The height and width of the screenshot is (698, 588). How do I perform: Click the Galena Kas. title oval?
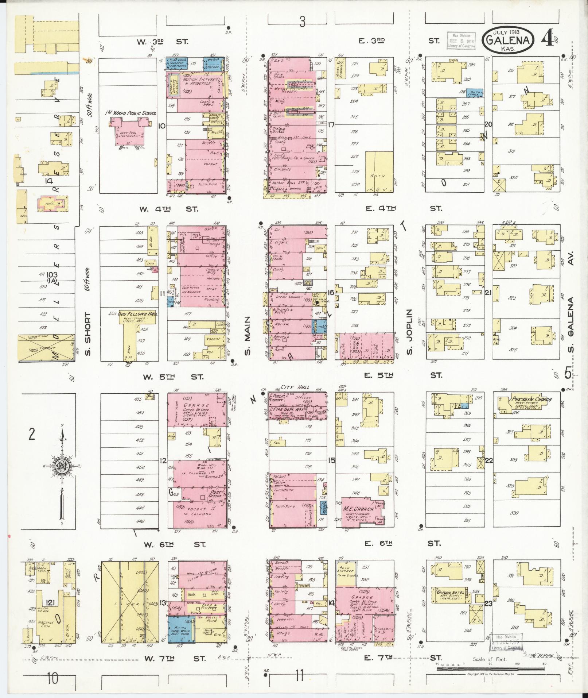click(x=509, y=40)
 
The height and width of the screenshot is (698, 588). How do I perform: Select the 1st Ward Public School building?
click(x=129, y=132)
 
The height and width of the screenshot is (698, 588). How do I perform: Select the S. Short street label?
click(x=87, y=333)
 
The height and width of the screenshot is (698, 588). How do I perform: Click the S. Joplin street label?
click(x=409, y=332)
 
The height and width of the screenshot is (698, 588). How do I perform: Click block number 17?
click(x=331, y=124)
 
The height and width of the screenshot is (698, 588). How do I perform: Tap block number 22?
click(x=488, y=460)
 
